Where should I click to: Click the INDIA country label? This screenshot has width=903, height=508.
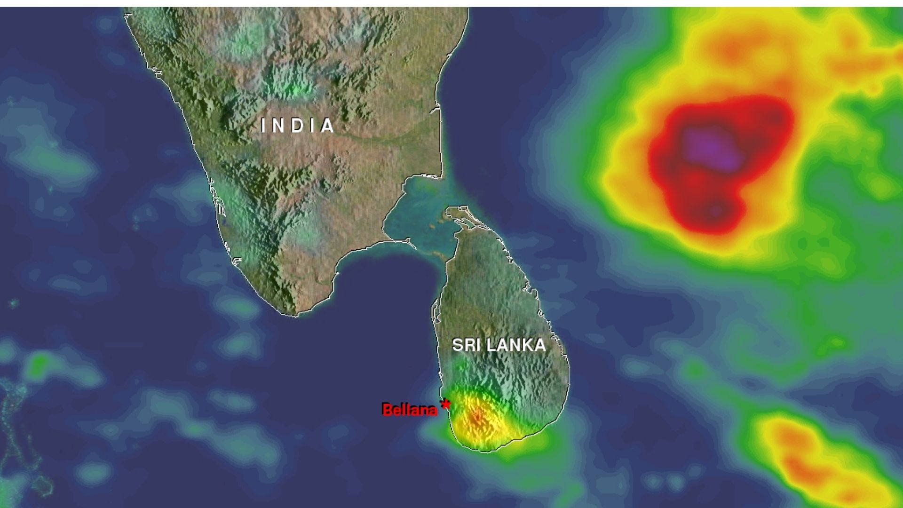pos(298,126)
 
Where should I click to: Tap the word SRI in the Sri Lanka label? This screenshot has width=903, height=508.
pos(466,345)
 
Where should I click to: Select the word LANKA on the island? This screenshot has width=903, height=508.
pos(516,345)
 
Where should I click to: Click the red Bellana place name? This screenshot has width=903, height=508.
pos(410,410)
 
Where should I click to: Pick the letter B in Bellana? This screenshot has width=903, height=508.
pos(387,410)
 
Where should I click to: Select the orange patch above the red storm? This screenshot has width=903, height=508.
pos(731,49)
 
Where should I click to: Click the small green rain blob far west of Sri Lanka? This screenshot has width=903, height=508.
pos(40,362)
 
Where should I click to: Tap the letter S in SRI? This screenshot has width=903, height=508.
pos(457,345)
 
